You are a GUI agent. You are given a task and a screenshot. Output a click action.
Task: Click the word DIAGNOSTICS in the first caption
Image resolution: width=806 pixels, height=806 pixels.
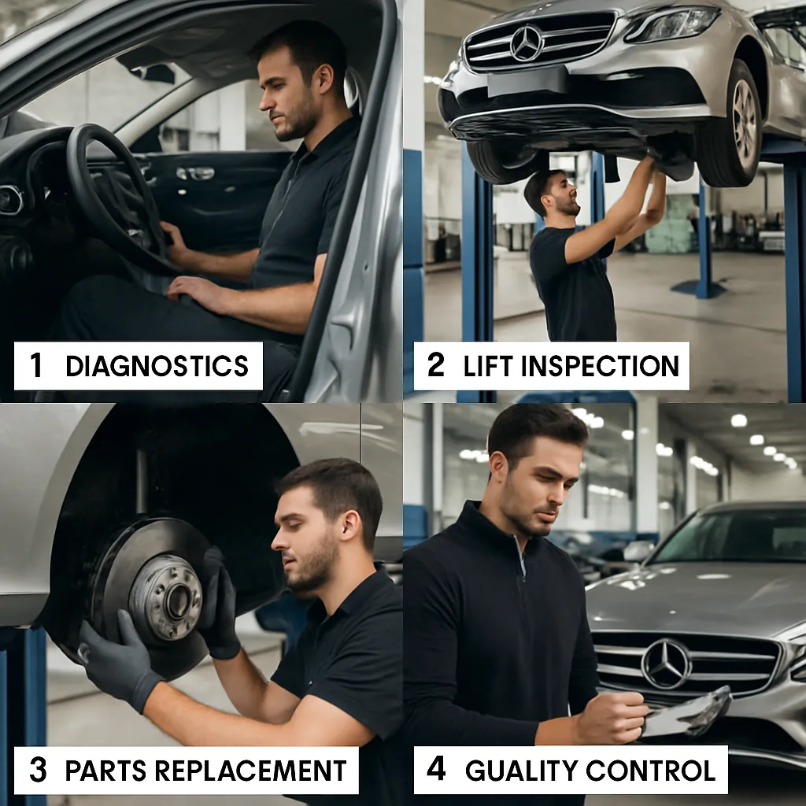[x=157, y=366]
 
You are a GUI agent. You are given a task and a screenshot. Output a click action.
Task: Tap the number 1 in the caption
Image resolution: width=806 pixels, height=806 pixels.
[x=36, y=366]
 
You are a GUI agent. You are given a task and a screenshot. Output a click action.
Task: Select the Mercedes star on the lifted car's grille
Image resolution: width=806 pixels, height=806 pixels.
[x=527, y=43]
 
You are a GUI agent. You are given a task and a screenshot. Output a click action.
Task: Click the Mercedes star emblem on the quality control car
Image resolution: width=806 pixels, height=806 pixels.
[x=666, y=664]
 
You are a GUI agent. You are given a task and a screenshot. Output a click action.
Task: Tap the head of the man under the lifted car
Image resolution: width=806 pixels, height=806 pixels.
[x=551, y=191]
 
